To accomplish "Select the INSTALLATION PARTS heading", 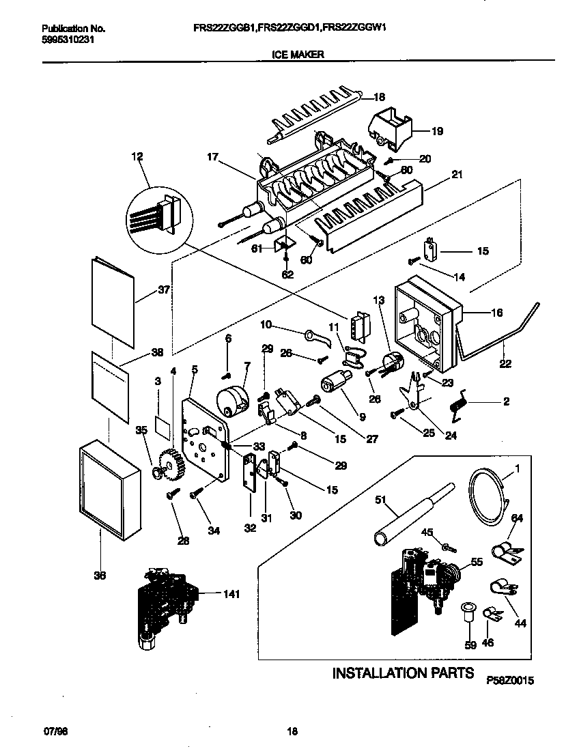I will tap(402, 673).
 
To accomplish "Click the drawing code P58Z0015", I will tap(509, 681).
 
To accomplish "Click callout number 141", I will tap(231, 595).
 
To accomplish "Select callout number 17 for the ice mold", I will tap(212, 156).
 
